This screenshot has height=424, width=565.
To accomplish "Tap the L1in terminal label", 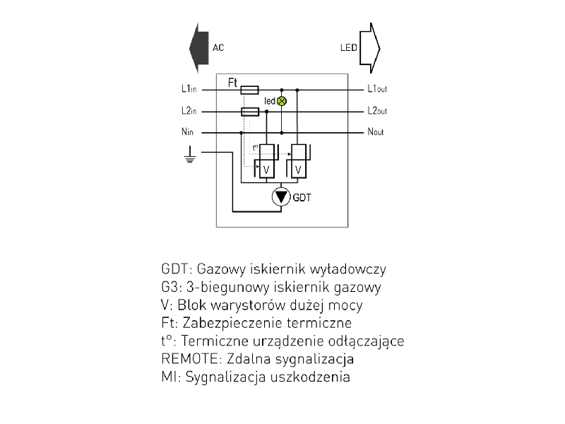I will click(189, 90).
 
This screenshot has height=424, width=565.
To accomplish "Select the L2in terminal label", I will click(189, 111).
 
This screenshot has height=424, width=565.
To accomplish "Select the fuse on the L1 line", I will click(250, 90).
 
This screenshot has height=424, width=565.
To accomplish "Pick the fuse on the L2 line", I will click(250, 112).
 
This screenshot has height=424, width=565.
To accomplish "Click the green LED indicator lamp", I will click(282, 101).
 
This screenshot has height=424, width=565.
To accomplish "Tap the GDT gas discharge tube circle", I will click(281, 196).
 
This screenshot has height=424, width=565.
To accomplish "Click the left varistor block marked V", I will click(266, 170).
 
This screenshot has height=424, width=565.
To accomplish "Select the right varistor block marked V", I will click(299, 170).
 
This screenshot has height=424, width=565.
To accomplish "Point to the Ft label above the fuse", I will click(233, 83).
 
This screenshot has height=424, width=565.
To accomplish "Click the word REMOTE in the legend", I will click(186, 359).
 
